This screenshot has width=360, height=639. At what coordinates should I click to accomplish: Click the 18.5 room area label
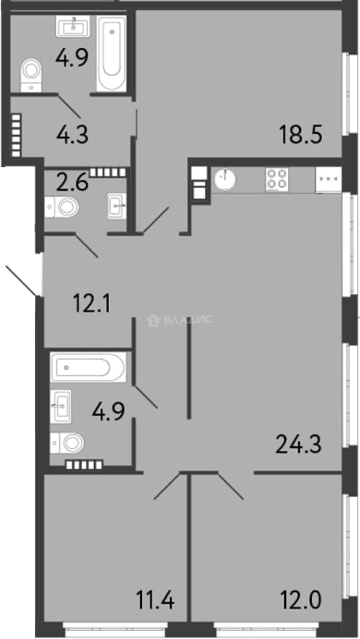click(301, 134)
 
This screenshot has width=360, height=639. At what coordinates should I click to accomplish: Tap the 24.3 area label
click(299, 444)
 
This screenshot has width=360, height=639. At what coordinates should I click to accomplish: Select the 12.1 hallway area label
click(91, 304)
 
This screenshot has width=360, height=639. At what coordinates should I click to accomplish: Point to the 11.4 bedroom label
click(155, 601)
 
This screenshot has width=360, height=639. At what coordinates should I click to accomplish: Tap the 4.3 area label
click(73, 134)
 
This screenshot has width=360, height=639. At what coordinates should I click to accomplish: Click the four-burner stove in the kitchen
click(277, 180)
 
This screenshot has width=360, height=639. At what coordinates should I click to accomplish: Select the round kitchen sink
click(224, 179)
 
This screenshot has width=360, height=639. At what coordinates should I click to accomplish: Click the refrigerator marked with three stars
click(329, 179)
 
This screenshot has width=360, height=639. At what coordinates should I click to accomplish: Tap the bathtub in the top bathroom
click(111, 53)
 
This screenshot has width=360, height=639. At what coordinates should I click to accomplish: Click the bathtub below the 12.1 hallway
click(88, 367)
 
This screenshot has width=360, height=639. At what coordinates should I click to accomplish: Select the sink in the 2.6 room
click(117, 206)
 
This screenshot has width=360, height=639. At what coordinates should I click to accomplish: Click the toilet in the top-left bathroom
click(31, 75)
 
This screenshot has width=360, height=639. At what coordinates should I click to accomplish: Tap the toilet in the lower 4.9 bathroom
click(67, 443)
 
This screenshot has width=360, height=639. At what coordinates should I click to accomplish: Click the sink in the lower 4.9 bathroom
click(60, 406)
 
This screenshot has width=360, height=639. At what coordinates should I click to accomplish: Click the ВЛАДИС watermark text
click(188, 319)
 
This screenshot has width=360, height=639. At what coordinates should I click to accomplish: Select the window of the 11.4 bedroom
click(114, 630)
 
